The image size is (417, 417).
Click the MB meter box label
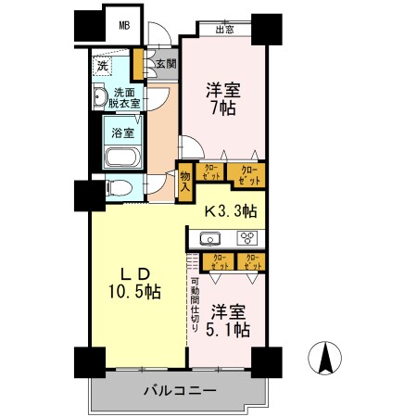point(124,25)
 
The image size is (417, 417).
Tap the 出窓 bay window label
point(224,30)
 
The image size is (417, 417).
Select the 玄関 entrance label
point(166,64)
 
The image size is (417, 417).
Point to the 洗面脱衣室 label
point(127,98)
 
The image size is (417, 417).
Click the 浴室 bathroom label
point(122,133)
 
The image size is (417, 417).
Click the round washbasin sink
point(100,97)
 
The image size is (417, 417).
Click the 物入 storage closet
point(185,180)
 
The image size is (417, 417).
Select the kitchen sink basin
point(210,237)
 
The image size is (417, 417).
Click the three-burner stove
point(249,237)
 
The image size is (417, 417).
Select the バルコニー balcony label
point(179,391)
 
